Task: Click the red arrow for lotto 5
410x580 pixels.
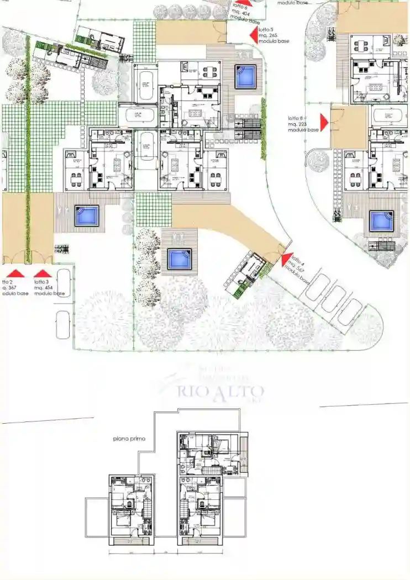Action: tap(254, 35)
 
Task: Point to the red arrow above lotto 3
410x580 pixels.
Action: tap(42, 273)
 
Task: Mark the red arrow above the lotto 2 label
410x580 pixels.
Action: tap(16, 273)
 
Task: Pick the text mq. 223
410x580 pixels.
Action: tap(296, 124)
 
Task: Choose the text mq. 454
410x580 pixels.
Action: tap(44, 287)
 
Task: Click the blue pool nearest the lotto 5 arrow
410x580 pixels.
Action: tap(245, 77)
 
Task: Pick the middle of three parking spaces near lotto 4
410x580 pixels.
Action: tap(333, 299)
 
